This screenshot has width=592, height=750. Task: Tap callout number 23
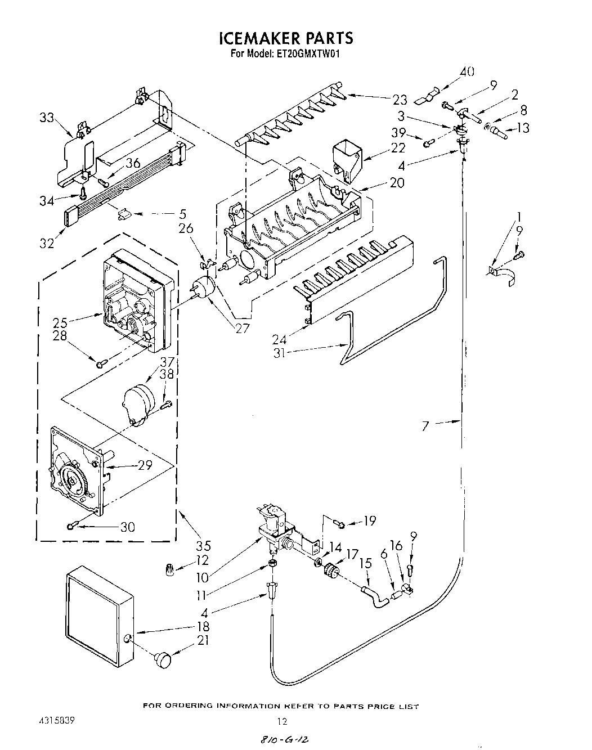(x=400, y=100)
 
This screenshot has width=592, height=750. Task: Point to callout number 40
(x=467, y=71)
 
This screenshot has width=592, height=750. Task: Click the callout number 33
(x=47, y=118)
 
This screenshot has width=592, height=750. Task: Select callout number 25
(x=59, y=322)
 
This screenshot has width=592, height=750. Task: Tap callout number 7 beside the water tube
(x=425, y=426)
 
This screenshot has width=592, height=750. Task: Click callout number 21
(x=203, y=639)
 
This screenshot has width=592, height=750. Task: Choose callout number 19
(x=369, y=520)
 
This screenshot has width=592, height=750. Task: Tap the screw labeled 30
(x=72, y=526)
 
